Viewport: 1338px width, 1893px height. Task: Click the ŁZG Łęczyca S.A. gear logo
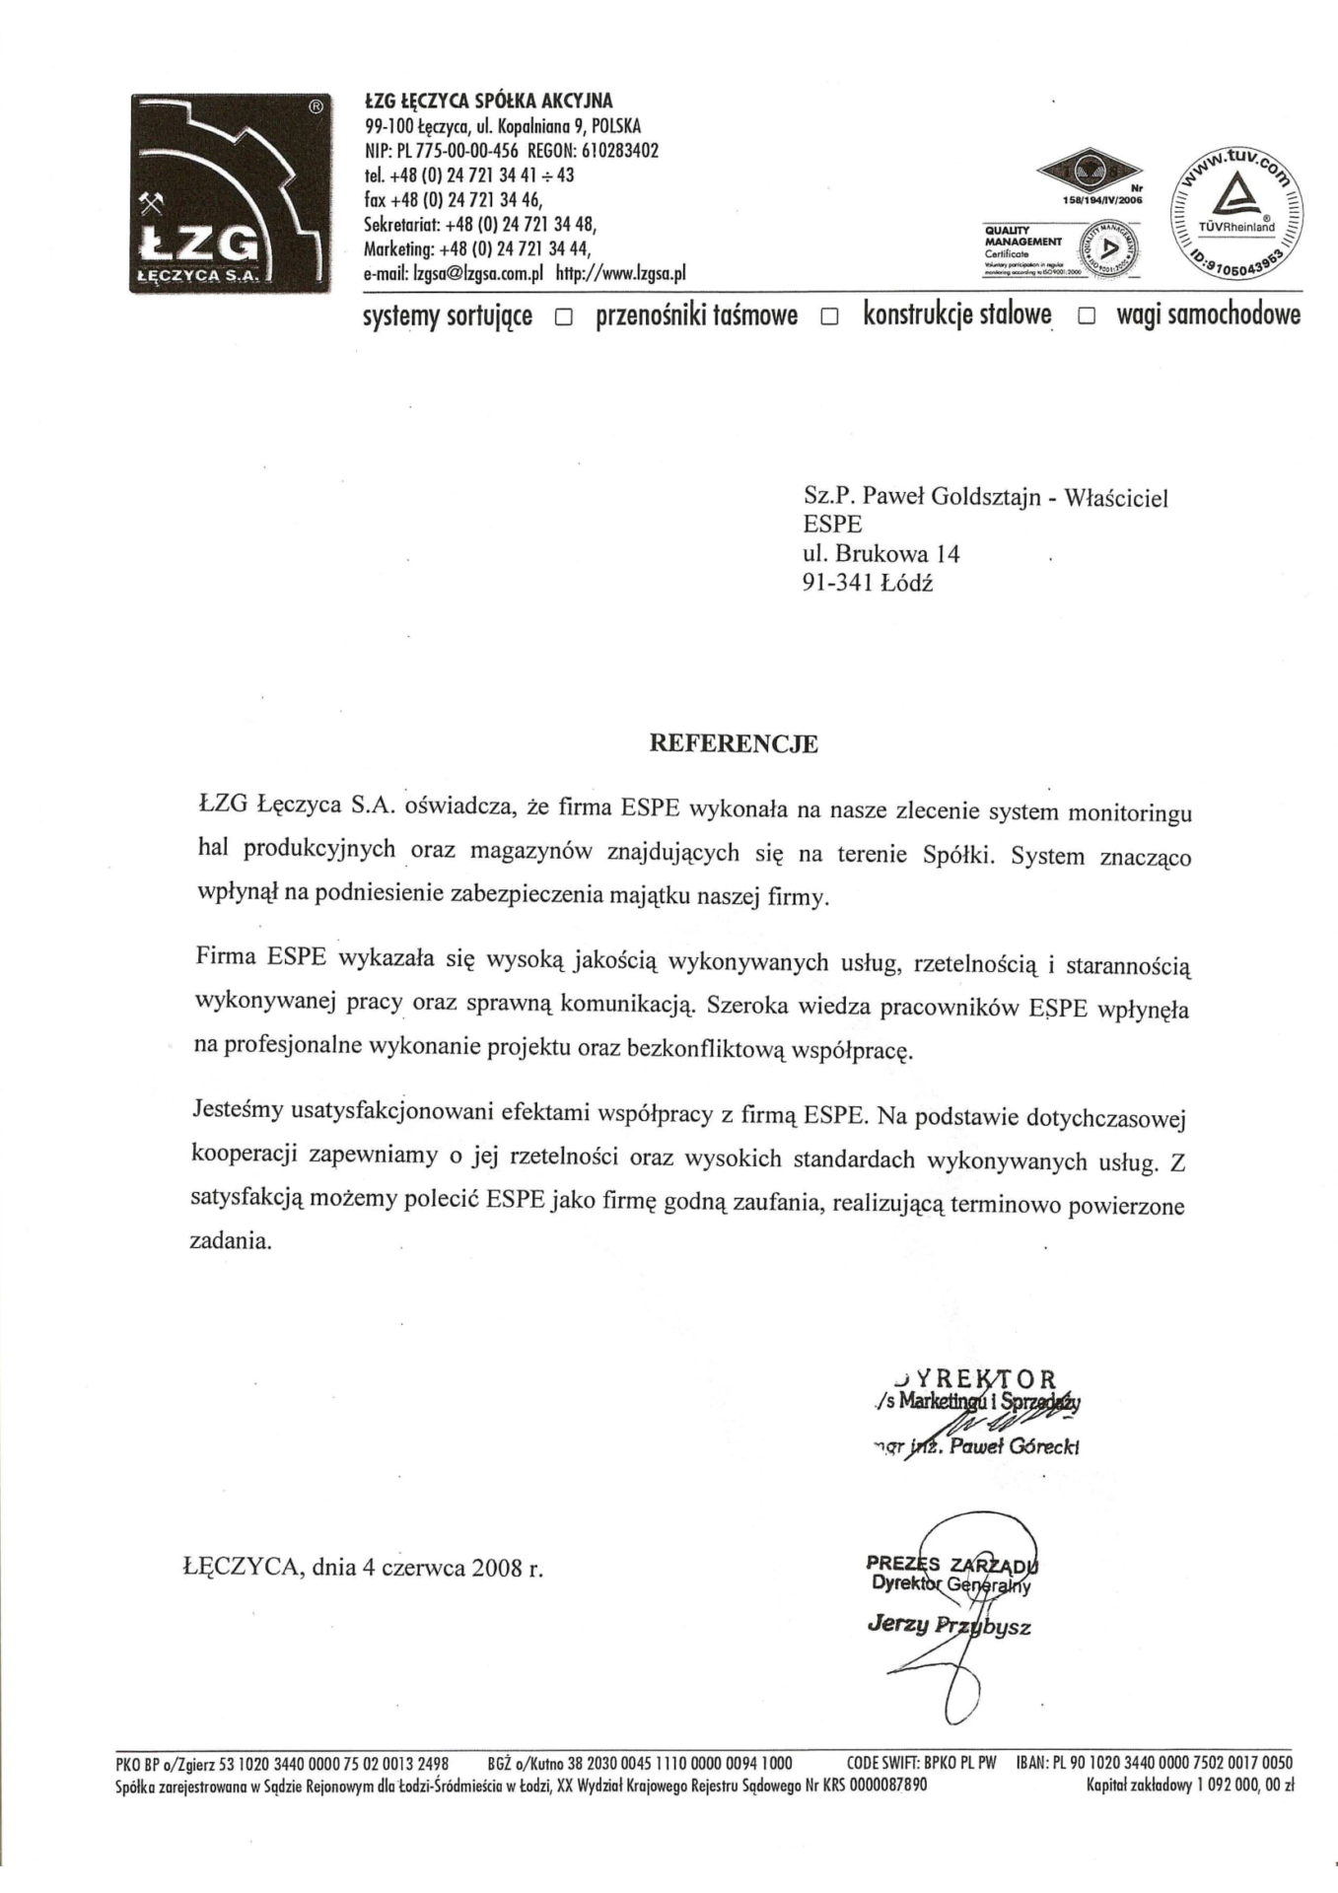[230, 190]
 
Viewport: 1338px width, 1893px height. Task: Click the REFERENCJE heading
[732, 744]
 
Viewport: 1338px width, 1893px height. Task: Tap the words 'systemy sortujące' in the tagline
[449, 316]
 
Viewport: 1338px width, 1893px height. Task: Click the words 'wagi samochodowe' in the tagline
[1208, 315]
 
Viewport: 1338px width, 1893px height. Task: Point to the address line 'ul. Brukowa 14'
[881, 553]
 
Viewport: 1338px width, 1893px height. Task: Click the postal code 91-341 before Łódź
[837, 582]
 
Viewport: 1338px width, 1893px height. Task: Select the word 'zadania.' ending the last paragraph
[229, 1241]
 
